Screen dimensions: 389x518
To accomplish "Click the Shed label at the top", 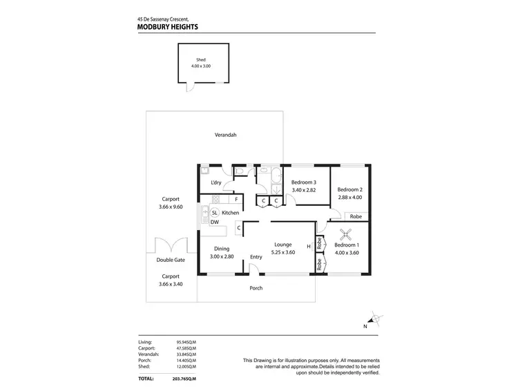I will click(201, 60).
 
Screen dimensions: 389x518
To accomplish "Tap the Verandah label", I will click(225, 135).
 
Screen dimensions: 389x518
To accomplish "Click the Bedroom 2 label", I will click(349, 189).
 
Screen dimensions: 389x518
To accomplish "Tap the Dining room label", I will click(222, 249).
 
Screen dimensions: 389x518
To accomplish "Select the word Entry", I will click(256, 257).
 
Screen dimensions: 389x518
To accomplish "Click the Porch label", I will click(256, 287).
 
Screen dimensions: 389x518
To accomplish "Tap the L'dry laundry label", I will click(216, 182).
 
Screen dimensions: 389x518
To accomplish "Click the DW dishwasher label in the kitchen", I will click(215, 222).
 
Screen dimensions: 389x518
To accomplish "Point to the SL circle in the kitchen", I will click(215, 213).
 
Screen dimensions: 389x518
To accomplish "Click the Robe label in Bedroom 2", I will click(356, 216).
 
